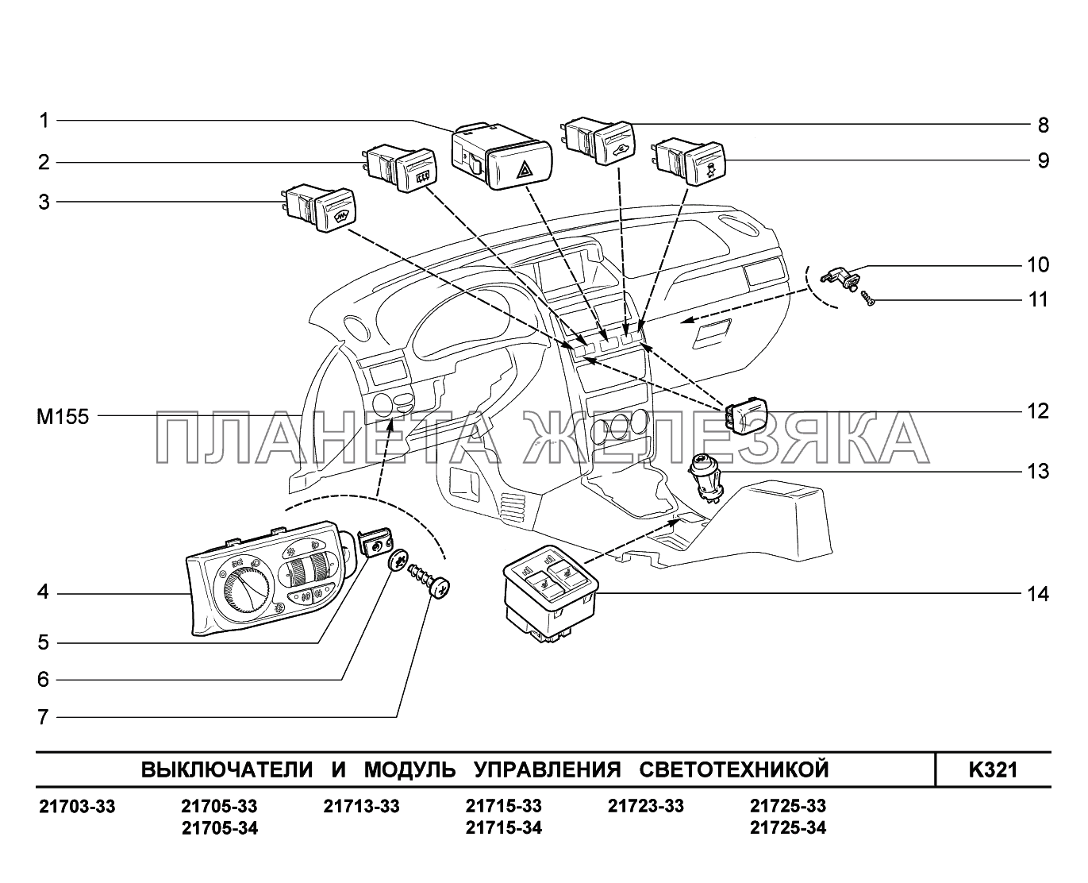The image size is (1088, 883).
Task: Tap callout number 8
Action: point(1043,125)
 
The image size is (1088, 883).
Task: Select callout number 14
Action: point(1038,593)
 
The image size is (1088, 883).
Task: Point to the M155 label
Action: point(62,416)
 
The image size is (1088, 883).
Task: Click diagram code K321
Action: point(992,769)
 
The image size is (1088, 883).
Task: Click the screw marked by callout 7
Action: point(429,583)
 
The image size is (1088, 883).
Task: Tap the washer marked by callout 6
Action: point(399,561)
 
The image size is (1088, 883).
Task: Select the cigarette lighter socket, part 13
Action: point(705,476)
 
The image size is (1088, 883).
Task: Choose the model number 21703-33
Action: point(77,807)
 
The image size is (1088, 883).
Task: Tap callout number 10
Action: point(1038,264)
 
